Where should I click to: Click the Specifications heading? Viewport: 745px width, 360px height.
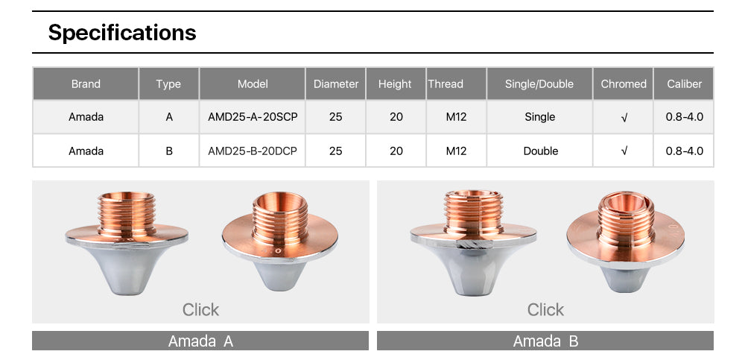(122, 32)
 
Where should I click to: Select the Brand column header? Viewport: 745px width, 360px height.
(86, 83)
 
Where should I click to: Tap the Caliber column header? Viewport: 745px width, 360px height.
(684, 83)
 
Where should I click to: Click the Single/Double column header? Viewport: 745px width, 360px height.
(539, 83)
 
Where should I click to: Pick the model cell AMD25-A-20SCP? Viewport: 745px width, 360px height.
(253, 116)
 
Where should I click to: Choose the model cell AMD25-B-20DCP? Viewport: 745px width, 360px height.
(253, 151)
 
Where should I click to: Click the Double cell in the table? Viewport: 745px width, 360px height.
(540, 151)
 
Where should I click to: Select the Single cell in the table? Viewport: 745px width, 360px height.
(539, 116)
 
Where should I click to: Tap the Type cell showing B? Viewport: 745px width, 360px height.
(169, 151)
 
